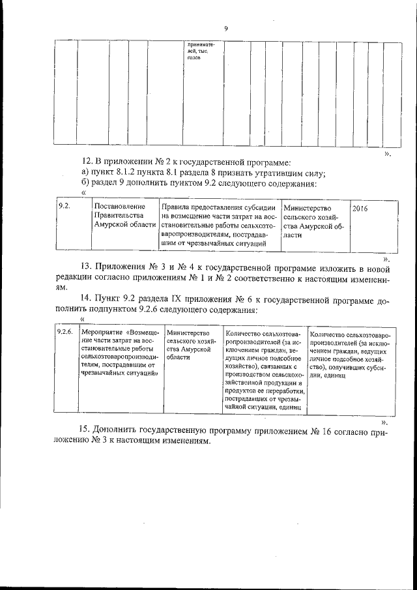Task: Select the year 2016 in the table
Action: click(360, 208)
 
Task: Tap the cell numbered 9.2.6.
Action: click(65, 332)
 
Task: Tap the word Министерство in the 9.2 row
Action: click(308, 207)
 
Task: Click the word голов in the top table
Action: click(193, 59)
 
